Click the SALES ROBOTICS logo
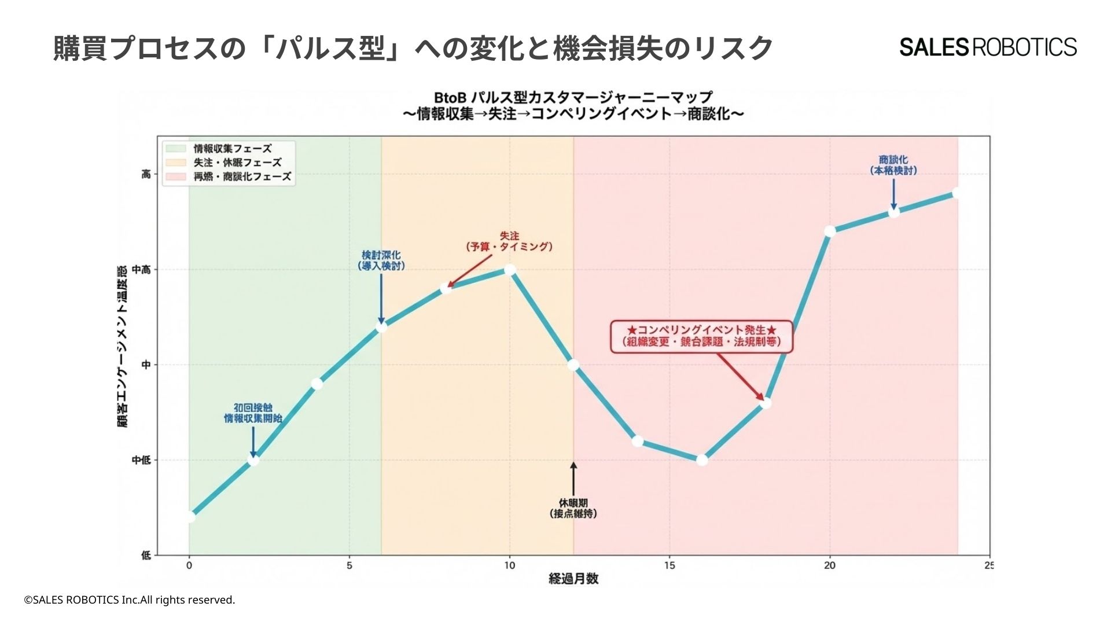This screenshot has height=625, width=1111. (x=988, y=47)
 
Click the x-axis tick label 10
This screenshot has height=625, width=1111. (x=509, y=565)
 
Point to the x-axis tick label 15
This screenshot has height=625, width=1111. (x=669, y=565)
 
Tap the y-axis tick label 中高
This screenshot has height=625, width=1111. (x=141, y=270)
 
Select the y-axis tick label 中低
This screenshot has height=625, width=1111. (x=141, y=460)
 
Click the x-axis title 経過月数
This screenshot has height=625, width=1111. (x=573, y=579)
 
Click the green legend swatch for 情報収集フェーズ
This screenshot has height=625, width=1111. (x=175, y=149)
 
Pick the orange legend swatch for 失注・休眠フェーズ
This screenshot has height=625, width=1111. (x=175, y=163)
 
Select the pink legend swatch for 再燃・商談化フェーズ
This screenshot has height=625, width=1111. (x=175, y=177)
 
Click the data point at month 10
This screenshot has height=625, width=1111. (x=510, y=270)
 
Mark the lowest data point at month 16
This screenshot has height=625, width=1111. (x=702, y=460)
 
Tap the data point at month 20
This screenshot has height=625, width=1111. (x=830, y=231)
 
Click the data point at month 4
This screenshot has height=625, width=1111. (x=317, y=384)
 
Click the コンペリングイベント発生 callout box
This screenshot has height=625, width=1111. (x=701, y=336)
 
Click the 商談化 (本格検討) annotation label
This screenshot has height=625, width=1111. (x=893, y=166)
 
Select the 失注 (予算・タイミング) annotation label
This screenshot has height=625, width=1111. (x=509, y=242)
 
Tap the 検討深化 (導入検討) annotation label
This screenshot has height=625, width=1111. (x=381, y=260)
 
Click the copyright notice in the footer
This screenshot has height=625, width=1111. (x=130, y=600)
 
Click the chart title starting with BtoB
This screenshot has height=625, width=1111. (x=573, y=105)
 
